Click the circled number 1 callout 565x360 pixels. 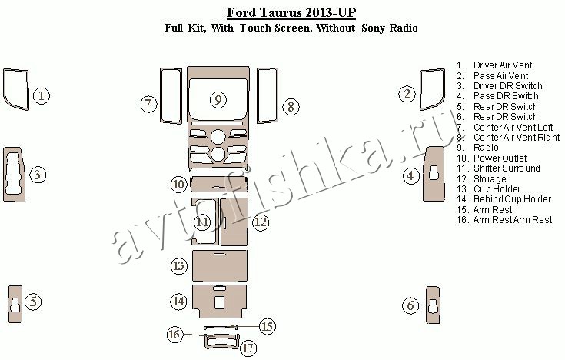tap(42, 96)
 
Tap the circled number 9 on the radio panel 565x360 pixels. tap(218, 99)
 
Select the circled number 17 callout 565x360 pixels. tap(248, 348)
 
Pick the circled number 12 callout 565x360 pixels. tap(261, 222)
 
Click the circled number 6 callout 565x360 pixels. tap(410, 306)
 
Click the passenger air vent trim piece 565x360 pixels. tap(422, 90)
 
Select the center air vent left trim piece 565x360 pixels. tap(161, 96)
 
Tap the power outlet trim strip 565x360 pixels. tap(219, 185)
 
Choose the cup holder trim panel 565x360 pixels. tap(219, 266)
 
